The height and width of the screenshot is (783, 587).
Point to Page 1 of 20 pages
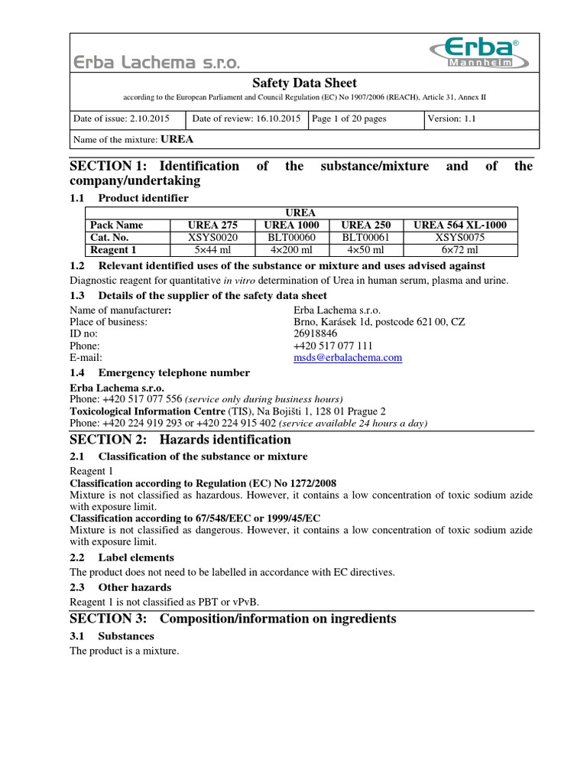349,119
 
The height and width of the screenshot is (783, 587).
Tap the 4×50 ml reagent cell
366,249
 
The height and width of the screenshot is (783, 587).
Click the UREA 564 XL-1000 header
460,225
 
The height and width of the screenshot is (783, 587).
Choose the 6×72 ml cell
460,249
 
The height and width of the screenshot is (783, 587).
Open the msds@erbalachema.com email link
348,357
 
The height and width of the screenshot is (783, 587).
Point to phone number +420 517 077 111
328,346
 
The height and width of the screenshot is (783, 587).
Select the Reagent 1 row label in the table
114,249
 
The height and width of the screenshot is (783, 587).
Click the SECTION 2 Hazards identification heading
180,440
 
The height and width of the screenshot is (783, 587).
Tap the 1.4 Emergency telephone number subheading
159,373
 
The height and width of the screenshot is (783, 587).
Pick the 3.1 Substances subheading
112,636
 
